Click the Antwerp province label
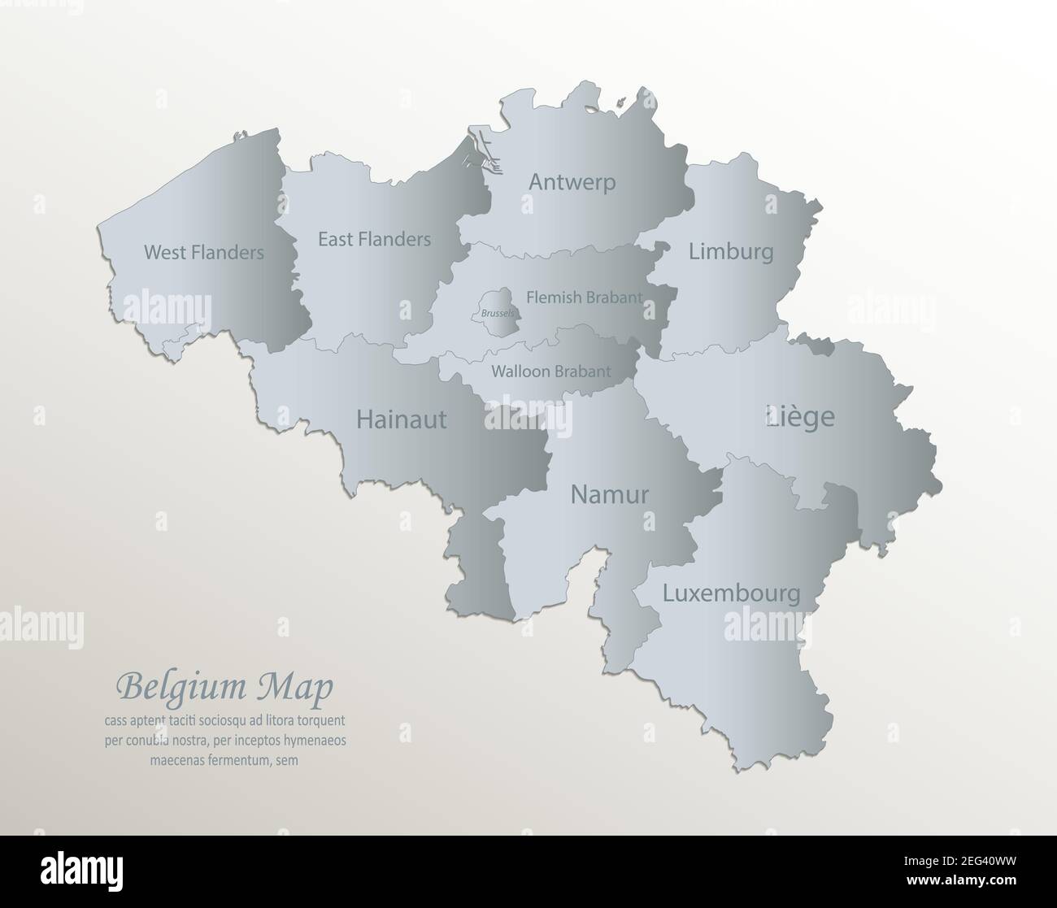click(572, 182)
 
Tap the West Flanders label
click(203, 253)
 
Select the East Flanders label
click(374, 239)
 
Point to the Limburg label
click(731, 251)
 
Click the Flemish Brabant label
click(584, 298)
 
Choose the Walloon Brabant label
click(550, 371)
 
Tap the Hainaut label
click(402, 419)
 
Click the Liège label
click(800, 417)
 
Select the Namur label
click(610, 493)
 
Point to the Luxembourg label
click(731, 593)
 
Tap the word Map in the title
click(304, 687)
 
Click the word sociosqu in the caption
click(229, 720)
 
